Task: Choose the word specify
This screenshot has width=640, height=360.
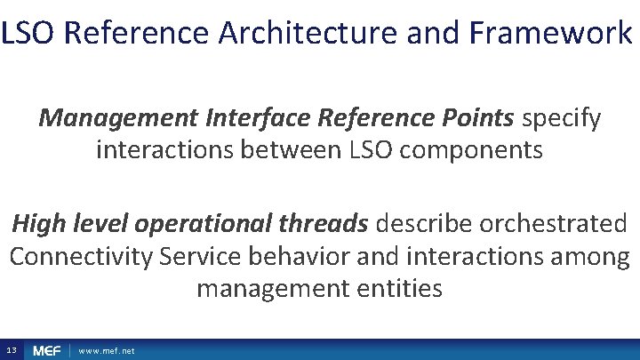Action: [x=562, y=117]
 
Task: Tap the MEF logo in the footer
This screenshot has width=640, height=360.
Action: [x=47, y=351]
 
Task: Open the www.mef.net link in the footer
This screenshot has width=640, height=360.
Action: [x=107, y=351]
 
